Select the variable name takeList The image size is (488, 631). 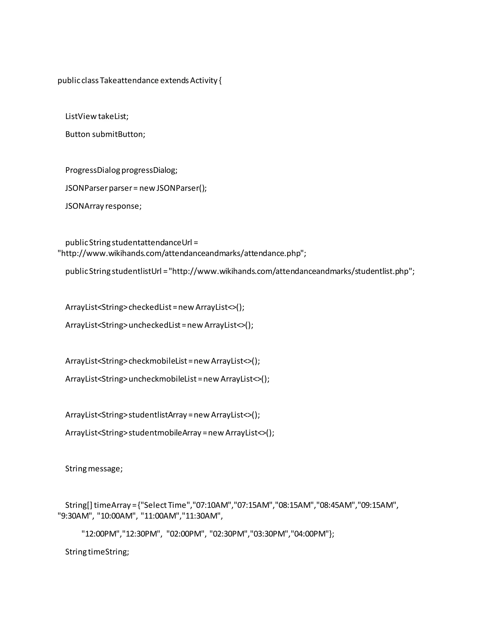pos(113,116)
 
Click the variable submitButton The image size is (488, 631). pos(118,134)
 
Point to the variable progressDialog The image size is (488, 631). pos(149,170)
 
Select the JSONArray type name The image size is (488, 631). pos(84,206)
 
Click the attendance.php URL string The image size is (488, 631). pos(182,253)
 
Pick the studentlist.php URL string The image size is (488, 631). pos(292,271)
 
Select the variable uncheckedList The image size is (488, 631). pos(155,325)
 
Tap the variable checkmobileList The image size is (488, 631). pos(158,361)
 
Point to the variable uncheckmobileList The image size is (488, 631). pos(163,379)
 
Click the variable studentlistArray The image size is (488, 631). pos(158,415)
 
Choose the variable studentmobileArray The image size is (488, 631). pos(165,433)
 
